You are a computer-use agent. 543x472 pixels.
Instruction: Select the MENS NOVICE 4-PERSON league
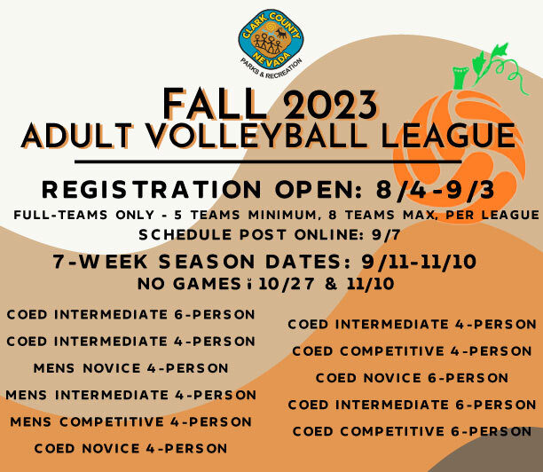[x=130, y=367]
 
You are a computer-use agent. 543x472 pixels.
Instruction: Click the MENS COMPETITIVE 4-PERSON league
[x=130, y=421]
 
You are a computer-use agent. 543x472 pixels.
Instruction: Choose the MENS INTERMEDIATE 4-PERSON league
[x=130, y=394]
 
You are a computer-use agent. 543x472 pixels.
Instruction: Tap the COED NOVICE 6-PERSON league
[x=412, y=378]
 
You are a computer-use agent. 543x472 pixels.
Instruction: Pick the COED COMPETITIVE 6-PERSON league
[x=412, y=431]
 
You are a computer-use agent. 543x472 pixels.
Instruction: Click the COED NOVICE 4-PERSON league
[x=130, y=448]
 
